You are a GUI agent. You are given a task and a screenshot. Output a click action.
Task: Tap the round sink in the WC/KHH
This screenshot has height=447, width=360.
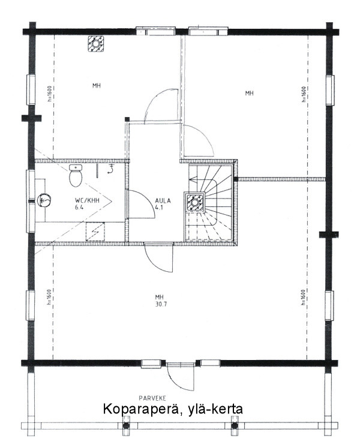(x=44, y=200)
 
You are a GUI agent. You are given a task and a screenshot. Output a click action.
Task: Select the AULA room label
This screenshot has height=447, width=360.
(x=163, y=200)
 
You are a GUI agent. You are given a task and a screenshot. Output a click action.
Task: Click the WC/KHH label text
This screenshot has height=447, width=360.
(x=87, y=200)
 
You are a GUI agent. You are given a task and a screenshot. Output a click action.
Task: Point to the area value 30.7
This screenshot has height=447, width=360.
(x=161, y=304)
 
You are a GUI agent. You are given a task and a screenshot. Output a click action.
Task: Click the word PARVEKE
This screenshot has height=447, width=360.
(x=152, y=398)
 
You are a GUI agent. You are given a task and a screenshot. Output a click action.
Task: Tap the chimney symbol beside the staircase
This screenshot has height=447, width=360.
(x=195, y=202)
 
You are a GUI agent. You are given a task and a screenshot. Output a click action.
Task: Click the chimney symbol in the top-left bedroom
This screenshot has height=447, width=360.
(x=95, y=44)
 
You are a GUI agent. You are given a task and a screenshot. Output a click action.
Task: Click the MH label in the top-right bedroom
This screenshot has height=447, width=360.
(x=250, y=93)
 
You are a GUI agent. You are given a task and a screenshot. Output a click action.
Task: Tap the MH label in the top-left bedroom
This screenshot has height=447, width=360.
(x=97, y=85)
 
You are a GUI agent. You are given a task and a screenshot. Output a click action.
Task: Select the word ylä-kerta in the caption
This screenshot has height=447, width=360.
(x=215, y=409)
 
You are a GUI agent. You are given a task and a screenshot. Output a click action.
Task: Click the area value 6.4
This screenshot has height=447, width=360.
(x=79, y=208)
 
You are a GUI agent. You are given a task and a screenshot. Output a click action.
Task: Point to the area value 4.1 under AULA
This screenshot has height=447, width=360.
(x=159, y=208)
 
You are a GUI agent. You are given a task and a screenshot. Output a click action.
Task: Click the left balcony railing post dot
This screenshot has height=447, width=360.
(x=126, y=426)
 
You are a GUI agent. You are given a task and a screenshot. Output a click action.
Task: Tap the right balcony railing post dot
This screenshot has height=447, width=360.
(x=235, y=426)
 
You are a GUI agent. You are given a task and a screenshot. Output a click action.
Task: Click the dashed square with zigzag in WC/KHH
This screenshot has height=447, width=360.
(x=95, y=232)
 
